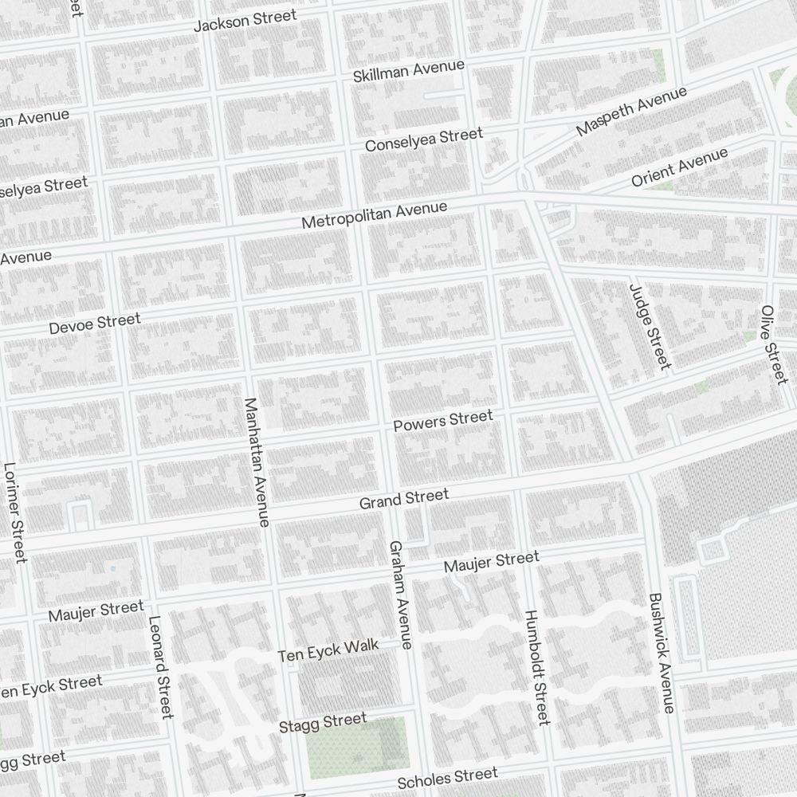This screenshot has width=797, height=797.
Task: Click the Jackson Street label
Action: tap(245, 20)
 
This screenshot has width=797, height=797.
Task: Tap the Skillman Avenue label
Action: tap(408, 70)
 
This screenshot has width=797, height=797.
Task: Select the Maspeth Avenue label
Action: tap(631, 111)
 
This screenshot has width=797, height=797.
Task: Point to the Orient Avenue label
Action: tap(679, 167)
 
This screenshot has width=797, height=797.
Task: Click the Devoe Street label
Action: tap(94, 324)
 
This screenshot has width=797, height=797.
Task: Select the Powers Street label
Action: tap(443, 421)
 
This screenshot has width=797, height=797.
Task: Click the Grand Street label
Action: tap(403, 499)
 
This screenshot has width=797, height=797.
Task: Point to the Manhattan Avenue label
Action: tap(257, 462)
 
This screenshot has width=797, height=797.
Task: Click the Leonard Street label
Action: tap(160, 667)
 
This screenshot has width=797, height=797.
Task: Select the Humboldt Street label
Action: tap(536, 668)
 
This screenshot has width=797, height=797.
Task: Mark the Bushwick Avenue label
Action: tap(662, 653)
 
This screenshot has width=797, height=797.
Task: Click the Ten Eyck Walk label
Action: tap(328, 650)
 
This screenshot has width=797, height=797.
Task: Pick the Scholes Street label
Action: tap(447, 776)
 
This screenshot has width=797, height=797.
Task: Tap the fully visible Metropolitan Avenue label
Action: tap(374, 214)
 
